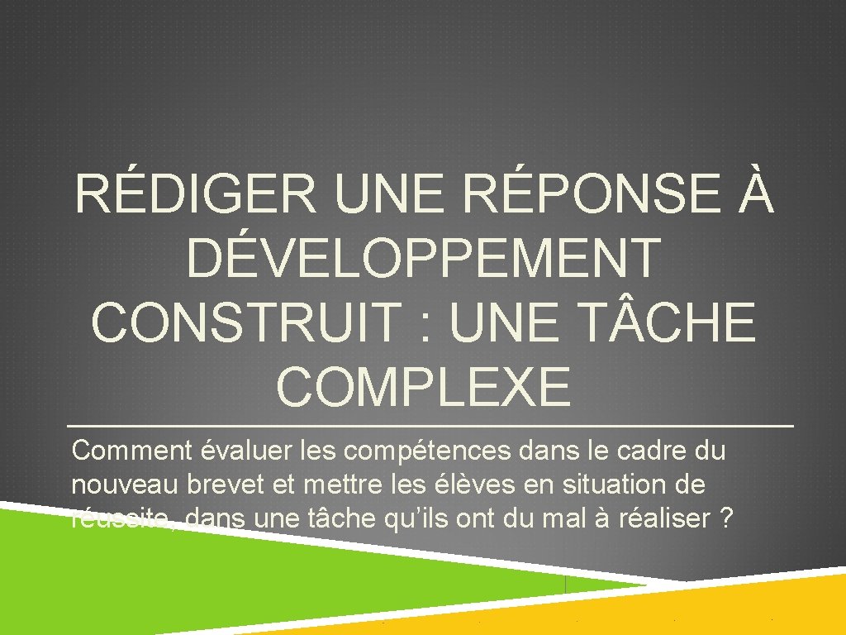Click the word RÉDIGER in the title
(x=195, y=198)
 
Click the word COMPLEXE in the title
(x=423, y=385)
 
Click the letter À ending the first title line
(x=753, y=196)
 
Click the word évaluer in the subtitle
(x=240, y=451)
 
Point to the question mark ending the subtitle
(x=726, y=519)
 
